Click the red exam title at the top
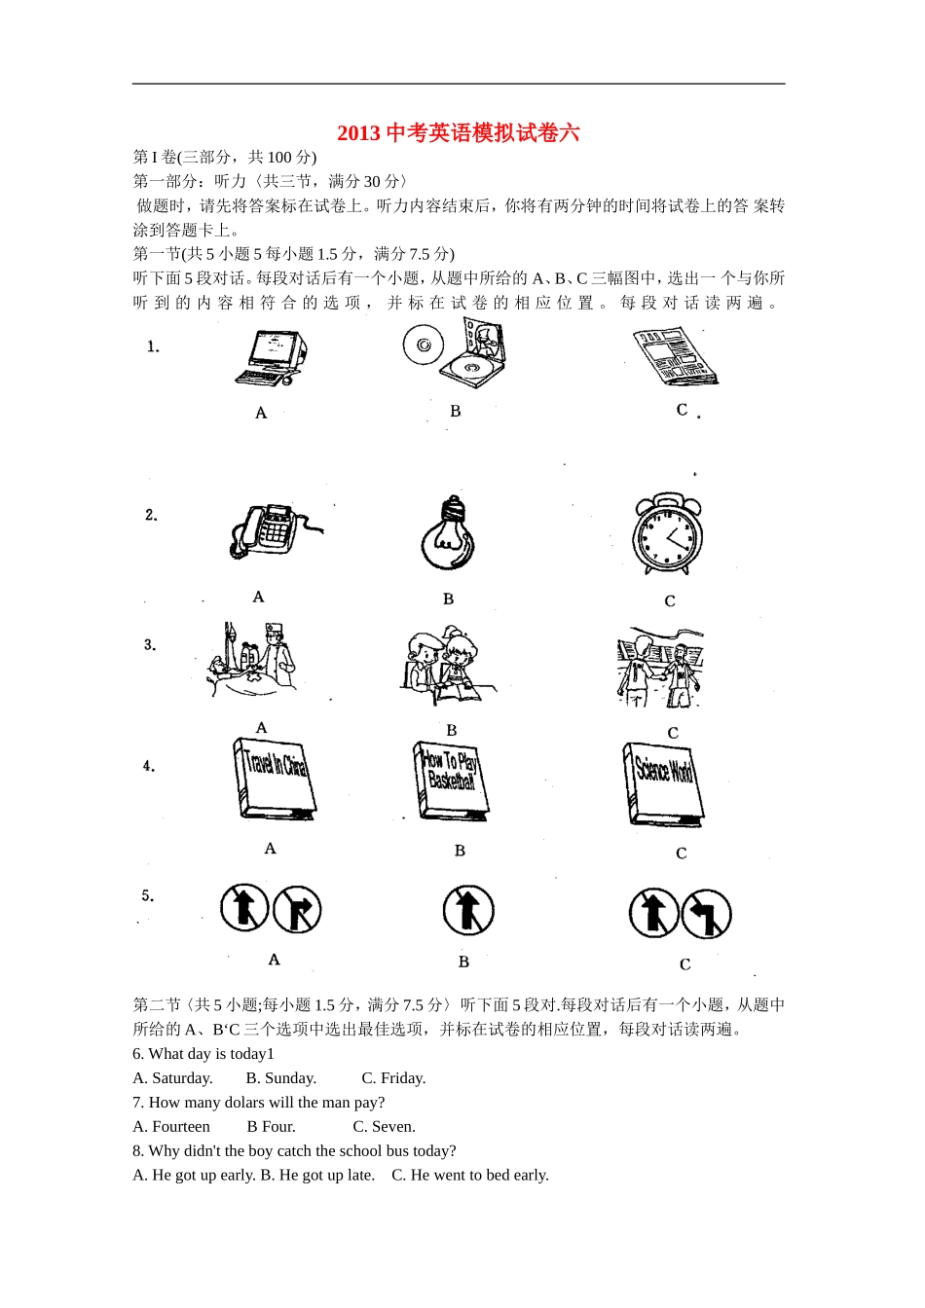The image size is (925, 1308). (x=459, y=132)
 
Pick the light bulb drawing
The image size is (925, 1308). (x=448, y=534)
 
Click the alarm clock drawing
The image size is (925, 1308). (x=667, y=535)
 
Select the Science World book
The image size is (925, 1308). (x=663, y=784)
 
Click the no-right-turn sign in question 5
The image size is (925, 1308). (x=297, y=911)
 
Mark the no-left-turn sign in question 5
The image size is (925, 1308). (x=706, y=914)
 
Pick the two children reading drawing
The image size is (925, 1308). (x=448, y=667)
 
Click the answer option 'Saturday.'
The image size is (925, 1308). (x=181, y=1078)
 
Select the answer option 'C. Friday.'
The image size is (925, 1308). (x=393, y=1078)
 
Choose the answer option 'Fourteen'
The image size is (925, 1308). (x=181, y=1127)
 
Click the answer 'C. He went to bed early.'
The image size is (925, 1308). (x=470, y=1176)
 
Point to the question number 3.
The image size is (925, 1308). (x=150, y=645)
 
